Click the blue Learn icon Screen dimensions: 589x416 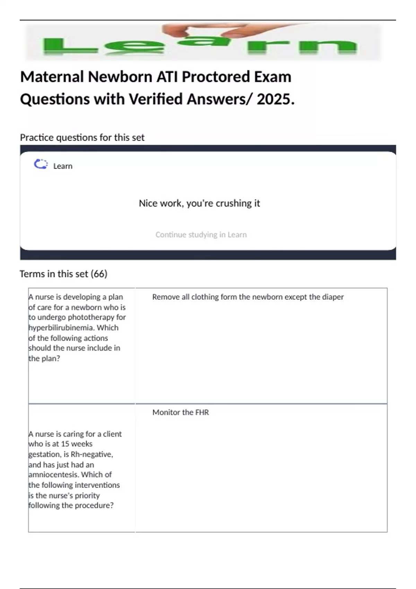click(41, 164)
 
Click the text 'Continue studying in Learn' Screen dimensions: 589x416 click(201, 235)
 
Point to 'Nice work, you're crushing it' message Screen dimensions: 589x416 click(199, 203)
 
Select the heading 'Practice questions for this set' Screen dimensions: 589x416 click(82, 138)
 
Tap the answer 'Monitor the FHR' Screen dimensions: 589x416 click(181, 412)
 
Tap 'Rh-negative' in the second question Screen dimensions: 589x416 click(92, 454)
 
